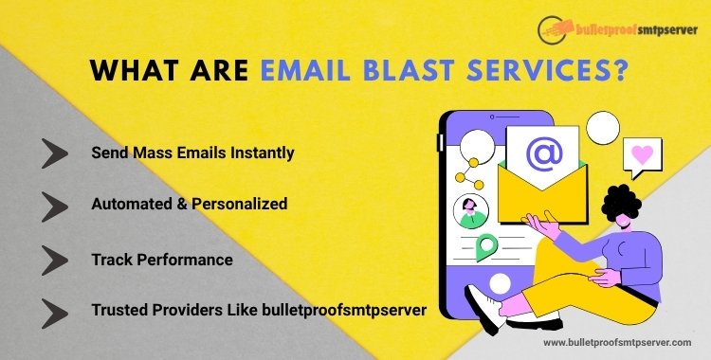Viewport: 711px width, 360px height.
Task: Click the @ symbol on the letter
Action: pos(544,154)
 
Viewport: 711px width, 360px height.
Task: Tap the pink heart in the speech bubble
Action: pos(644,153)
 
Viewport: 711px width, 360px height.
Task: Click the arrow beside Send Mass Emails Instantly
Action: pos(55,153)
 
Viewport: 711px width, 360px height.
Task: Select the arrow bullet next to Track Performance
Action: pos(55,258)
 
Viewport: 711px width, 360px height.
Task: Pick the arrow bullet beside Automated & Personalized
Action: pos(55,205)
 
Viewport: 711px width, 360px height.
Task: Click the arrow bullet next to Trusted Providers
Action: pos(55,310)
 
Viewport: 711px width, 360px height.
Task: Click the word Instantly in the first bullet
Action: pos(261,153)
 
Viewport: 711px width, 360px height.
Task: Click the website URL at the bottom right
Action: pos(616,342)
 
